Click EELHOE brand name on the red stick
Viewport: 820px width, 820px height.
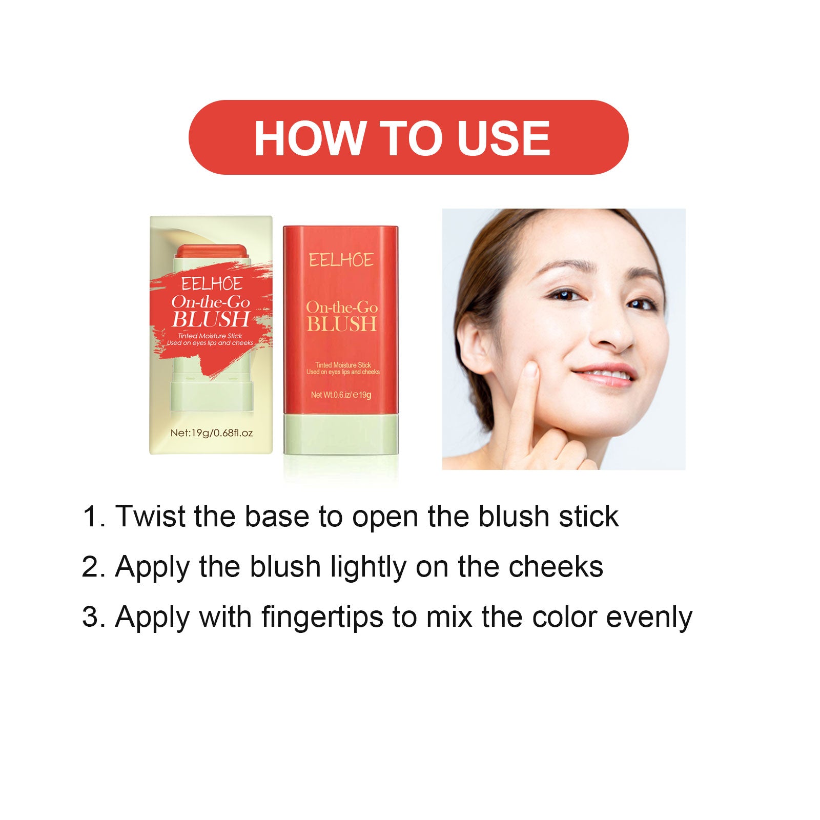[x=341, y=260]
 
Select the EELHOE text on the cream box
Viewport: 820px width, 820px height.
[x=212, y=284]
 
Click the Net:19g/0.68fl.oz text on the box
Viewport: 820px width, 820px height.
[x=211, y=433]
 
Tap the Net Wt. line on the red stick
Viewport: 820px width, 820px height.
[x=341, y=395]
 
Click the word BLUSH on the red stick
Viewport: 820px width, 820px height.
[x=342, y=324]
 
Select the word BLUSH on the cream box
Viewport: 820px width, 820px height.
[x=211, y=319]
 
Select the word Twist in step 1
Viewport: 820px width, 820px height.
[x=150, y=516]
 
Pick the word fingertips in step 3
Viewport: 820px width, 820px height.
[x=322, y=617]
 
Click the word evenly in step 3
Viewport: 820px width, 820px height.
[x=649, y=617]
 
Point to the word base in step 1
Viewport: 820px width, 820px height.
[x=277, y=516]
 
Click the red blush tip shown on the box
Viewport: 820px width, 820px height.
[x=211, y=251]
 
